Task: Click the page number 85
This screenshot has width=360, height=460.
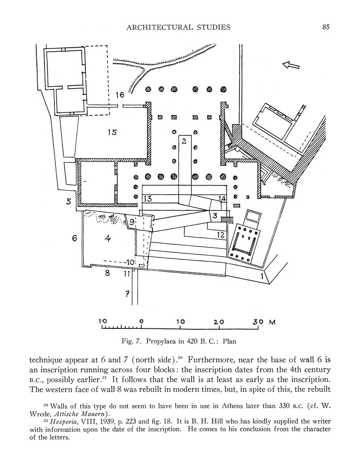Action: tap(326, 27)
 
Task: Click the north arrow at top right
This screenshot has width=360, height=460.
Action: tap(291, 66)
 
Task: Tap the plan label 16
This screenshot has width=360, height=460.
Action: tap(120, 95)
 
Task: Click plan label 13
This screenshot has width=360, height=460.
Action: tap(148, 199)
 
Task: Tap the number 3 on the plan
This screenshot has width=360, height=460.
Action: tap(215, 216)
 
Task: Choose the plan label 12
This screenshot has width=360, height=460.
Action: tap(220, 234)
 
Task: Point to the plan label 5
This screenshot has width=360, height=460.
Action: tap(68, 202)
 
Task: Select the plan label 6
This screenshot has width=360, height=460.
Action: tap(75, 239)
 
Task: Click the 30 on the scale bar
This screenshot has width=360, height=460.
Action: tap(258, 322)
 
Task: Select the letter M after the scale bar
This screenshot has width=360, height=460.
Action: tap(272, 322)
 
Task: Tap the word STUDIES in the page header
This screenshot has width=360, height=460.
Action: tap(210, 27)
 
